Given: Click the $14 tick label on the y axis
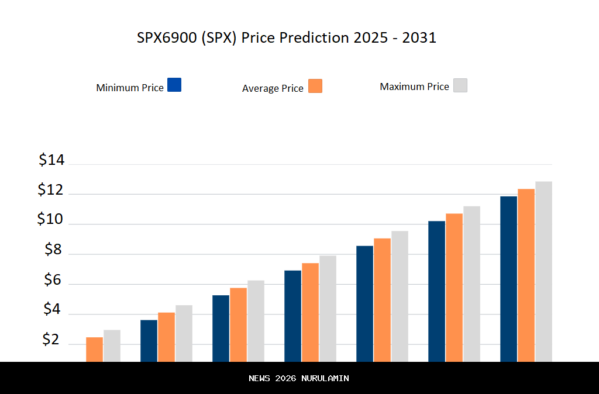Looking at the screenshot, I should point(51,160).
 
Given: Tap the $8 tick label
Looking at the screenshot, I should point(53,250).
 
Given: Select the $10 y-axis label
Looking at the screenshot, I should point(50,219).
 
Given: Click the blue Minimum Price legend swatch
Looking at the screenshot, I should point(174,85).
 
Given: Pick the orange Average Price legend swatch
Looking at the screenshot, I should point(315,86).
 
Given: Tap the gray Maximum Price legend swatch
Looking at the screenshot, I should point(460,85).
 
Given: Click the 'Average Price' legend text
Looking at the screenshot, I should point(273,88).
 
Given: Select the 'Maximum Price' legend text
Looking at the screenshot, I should point(414,87).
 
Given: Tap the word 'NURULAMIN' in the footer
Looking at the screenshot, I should point(325,378).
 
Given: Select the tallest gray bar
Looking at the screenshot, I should point(543,271).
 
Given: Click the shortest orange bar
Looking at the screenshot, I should point(94,349).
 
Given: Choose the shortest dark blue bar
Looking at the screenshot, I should point(149,340).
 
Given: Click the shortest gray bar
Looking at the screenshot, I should point(112,345).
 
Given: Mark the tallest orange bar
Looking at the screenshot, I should point(526,275).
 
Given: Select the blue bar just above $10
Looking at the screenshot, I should point(436,291).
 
